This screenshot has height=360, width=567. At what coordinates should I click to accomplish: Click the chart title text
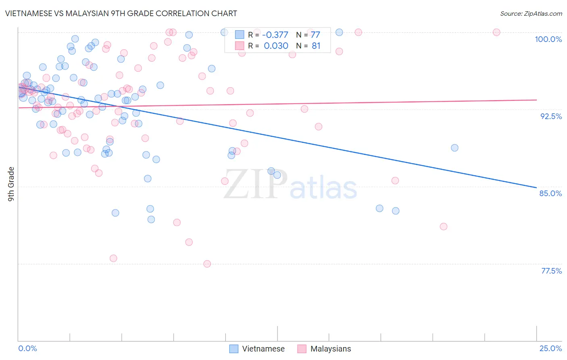pos(121,13)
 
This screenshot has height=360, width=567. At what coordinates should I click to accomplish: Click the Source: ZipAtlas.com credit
pos(531,13)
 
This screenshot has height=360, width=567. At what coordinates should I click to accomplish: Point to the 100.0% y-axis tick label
pos(548,39)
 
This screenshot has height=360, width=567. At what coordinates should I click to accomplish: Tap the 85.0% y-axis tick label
pos(550,193)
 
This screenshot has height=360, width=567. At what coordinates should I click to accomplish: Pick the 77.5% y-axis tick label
pos(551,271)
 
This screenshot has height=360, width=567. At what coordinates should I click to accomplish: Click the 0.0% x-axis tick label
pos(27,348)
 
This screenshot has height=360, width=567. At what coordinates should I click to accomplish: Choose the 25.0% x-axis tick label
pos(550,348)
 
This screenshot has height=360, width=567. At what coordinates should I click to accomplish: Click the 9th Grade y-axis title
pos(11,184)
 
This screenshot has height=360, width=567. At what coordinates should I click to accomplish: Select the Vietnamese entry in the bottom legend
pos(263,349)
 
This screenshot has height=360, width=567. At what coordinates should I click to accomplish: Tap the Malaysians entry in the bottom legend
pos(330,349)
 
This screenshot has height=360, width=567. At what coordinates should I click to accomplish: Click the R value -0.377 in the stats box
pos(275,35)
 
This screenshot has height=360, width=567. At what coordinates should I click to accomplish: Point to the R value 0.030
pos(276,46)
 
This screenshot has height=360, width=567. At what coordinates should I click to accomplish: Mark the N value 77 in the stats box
pos(315,35)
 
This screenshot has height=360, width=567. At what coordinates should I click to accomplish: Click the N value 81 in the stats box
pos(316,46)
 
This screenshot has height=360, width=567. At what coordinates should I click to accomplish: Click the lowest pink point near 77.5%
pos(207,264)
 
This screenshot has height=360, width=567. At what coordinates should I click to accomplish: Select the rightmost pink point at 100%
pos(496,32)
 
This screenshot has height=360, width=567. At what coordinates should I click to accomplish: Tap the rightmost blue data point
pos(454,148)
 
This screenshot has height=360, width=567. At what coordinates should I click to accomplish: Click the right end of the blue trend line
pos(536,187)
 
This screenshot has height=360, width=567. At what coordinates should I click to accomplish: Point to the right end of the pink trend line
pos(536,100)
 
